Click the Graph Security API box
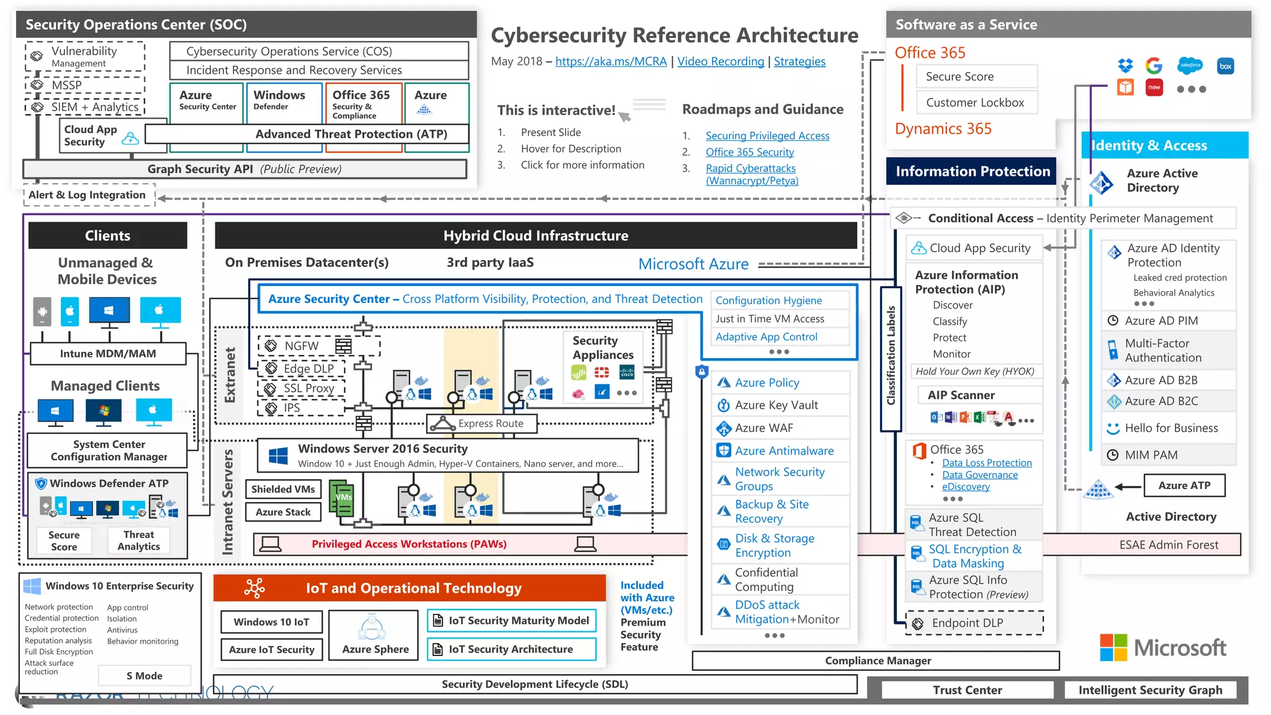coord(245,169)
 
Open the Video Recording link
coord(721,61)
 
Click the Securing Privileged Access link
coord(767,136)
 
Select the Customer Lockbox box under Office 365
coord(976,102)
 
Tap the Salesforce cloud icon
coord(1190,65)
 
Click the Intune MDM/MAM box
coord(108,354)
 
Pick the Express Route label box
coord(482,423)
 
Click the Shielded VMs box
coord(283,489)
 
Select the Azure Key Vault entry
coord(776,405)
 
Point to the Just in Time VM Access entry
coord(770,318)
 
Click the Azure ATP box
coord(1184,485)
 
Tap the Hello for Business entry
coord(1171,428)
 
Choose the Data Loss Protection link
coord(987,463)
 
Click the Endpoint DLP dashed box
coord(974,623)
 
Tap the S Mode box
coord(144,676)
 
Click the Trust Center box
coord(967,690)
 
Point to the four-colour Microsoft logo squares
coord(1113,648)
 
